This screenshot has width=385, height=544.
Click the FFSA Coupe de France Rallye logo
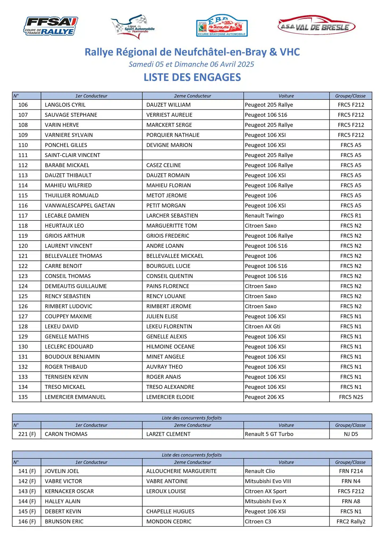click(51, 26)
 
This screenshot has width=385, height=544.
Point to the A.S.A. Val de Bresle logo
click(316, 27)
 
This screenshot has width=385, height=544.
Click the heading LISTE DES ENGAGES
click(192, 77)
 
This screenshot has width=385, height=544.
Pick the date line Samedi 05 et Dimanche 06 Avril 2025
click(191, 64)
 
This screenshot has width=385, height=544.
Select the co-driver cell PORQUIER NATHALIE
click(173, 135)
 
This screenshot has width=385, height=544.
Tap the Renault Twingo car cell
click(264, 216)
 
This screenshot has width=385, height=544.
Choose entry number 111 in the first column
click(23, 155)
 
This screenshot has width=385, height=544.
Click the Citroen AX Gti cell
click(262, 326)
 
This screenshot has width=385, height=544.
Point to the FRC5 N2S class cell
click(351, 397)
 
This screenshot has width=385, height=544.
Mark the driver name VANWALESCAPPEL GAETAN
click(80, 206)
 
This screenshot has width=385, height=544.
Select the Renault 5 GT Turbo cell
click(269, 434)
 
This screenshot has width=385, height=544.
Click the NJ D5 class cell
click(351, 434)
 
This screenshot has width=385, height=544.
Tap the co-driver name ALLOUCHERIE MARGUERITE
click(181, 471)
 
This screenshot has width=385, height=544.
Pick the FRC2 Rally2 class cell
click(351, 521)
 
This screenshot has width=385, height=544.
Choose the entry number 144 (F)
click(27, 501)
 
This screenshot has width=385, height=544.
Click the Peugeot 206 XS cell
click(264, 397)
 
